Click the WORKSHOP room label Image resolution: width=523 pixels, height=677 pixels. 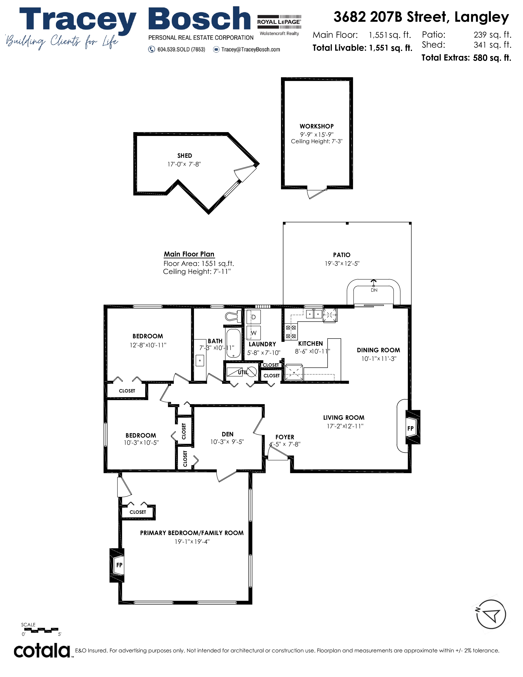(x=316, y=126)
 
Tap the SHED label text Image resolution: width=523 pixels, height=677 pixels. (x=185, y=156)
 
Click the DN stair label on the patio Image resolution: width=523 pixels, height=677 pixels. (x=374, y=290)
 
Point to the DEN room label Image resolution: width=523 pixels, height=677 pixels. (x=227, y=434)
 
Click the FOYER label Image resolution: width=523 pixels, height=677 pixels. (x=285, y=437)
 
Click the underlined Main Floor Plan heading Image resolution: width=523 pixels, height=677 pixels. (x=189, y=254)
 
